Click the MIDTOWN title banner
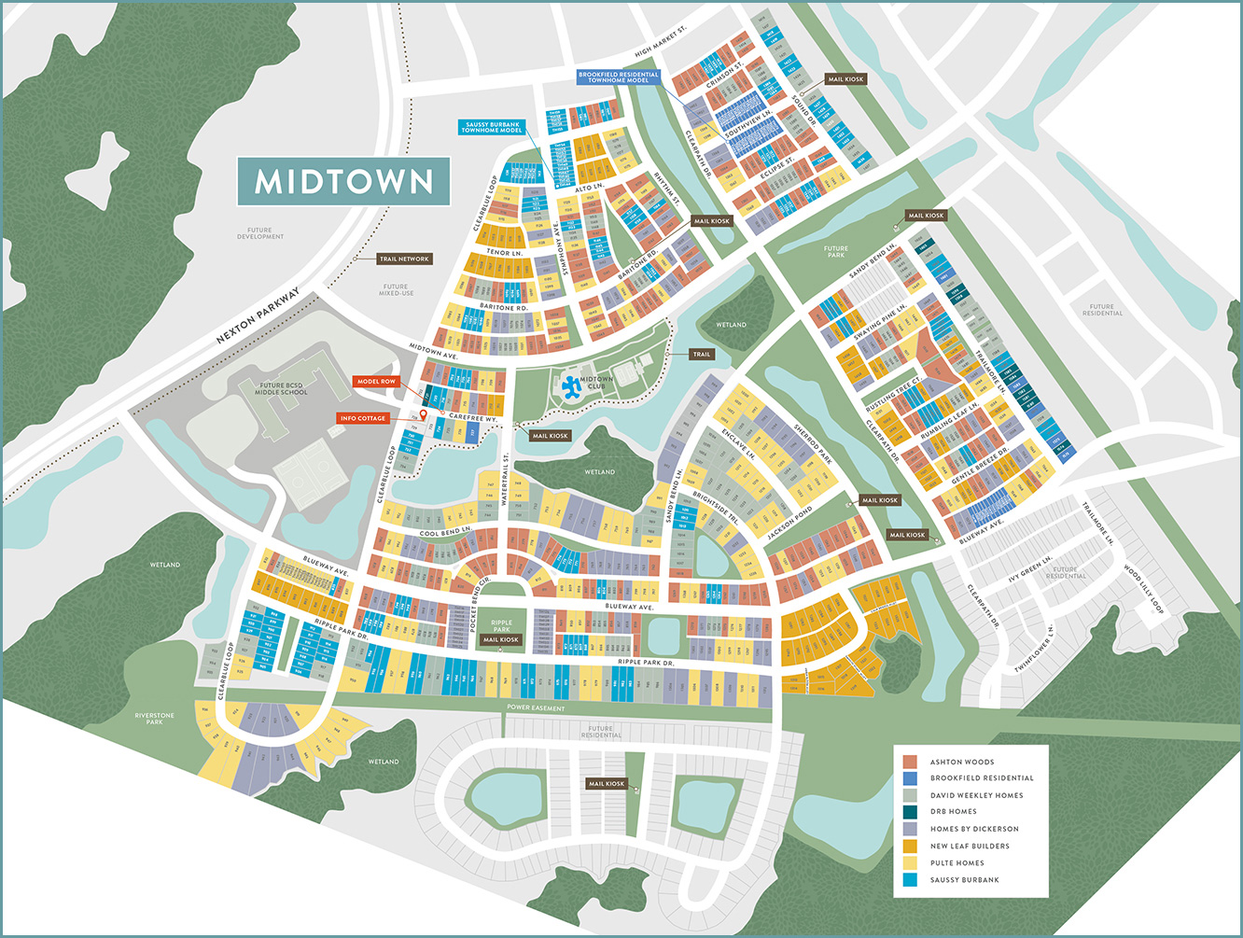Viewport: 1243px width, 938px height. [343, 181]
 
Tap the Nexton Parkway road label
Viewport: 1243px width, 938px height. [258, 315]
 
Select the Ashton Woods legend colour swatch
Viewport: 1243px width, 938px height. [910, 763]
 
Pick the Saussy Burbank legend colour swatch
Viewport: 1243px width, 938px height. [910, 879]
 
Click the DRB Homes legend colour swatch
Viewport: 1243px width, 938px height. [910, 812]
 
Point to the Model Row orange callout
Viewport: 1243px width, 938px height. [376, 382]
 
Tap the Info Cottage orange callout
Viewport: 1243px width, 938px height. [363, 418]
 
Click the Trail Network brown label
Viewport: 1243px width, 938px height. [404, 259]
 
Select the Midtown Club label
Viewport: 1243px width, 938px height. [596, 383]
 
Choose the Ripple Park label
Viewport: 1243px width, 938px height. [502, 626]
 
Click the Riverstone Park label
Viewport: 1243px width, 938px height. [154, 719]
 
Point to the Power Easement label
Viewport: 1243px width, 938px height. [536, 708]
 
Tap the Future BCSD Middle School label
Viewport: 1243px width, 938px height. [281, 389]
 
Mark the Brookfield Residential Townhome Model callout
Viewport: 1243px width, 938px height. [618, 77]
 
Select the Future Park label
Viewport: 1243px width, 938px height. [835, 252]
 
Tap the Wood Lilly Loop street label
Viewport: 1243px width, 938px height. [1144, 588]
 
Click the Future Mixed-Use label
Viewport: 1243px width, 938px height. [396, 290]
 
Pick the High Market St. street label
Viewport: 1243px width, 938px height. [660, 42]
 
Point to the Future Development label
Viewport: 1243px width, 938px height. [260, 233]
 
